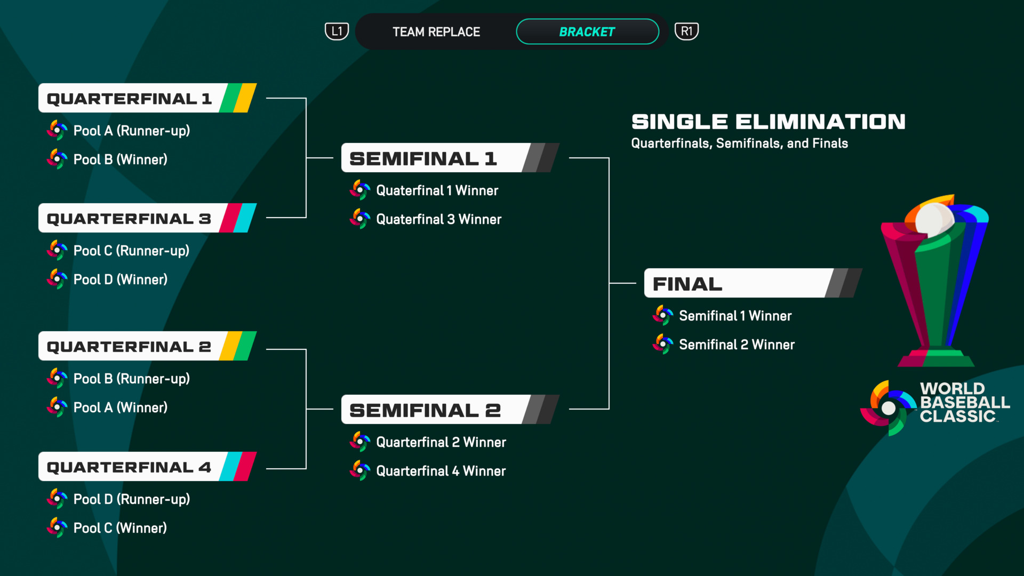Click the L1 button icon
337,31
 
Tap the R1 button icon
686,31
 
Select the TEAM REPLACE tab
436,32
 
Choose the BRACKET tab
587,32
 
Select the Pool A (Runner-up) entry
131,131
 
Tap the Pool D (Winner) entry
120,279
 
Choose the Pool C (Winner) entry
120,528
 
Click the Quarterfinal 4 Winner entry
441,471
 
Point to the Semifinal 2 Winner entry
737,345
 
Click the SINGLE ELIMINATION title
768,122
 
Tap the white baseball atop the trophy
934,219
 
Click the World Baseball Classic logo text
964,403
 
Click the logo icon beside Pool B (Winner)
57,159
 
